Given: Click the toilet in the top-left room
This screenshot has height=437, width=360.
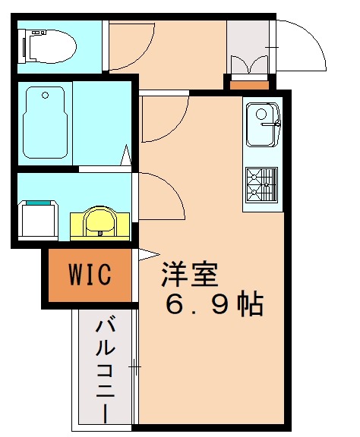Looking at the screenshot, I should tap(50, 45).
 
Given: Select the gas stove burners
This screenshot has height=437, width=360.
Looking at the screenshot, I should tap(263, 183).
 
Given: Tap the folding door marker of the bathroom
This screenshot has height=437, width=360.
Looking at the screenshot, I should tap(126, 159).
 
